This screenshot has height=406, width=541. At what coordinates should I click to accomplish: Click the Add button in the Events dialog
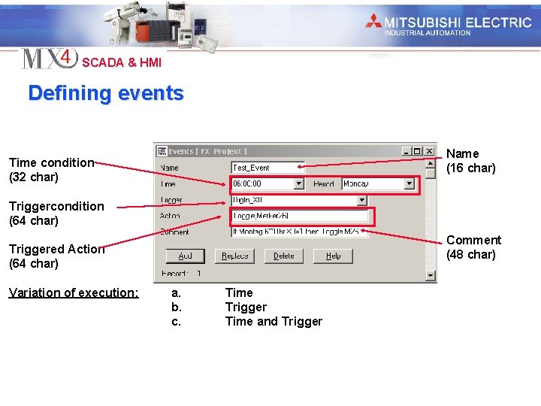tap(185, 256)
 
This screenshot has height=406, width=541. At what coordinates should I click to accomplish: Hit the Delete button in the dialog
tap(284, 256)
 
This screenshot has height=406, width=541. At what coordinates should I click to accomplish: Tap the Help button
tap(333, 256)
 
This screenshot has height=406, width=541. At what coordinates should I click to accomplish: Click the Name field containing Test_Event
tap(267, 168)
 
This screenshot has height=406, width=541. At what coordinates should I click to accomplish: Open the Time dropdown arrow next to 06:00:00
tap(299, 183)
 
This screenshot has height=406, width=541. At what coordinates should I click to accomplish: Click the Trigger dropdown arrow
tap(361, 200)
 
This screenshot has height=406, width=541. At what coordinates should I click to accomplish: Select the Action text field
tap(300, 216)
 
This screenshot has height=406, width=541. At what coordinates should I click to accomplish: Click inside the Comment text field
tap(300, 232)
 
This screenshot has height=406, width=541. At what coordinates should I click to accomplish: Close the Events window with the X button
tap(430, 151)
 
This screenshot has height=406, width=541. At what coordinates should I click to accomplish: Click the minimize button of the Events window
tap(407, 151)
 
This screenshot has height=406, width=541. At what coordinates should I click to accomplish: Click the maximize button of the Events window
tap(418, 151)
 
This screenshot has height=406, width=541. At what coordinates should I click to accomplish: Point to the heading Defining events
tap(106, 93)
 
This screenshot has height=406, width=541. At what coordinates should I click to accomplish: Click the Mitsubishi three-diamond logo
tap(373, 21)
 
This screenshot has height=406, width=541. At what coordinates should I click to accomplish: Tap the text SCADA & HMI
tap(122, 62)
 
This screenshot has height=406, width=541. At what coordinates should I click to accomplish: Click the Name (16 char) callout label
tap(470, 161)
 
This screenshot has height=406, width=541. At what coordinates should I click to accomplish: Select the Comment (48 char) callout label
tap(473, 247)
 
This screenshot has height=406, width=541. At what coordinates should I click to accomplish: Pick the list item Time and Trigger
tap(274, 322)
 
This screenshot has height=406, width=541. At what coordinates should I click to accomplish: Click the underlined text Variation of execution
tap(74, 292)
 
